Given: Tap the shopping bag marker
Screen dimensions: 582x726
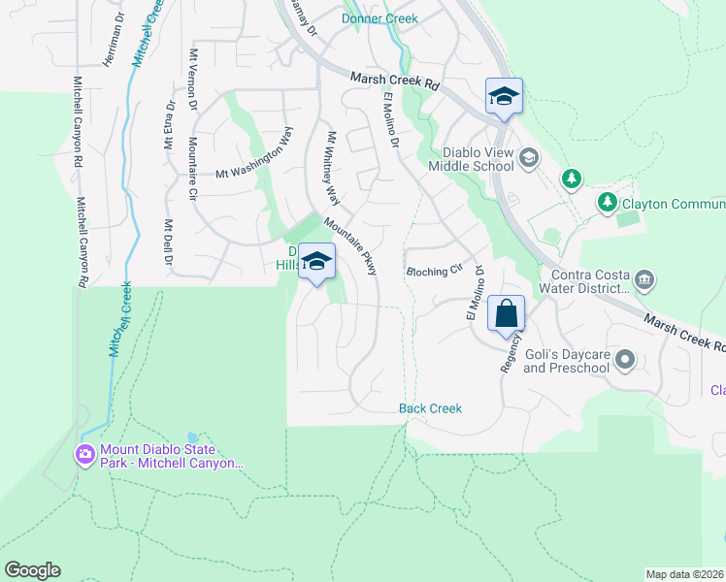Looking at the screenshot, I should coord(507,314).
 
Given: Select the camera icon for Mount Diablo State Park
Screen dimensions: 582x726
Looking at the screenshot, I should coord(85,454).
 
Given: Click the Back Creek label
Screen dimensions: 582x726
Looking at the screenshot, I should coord(430,408).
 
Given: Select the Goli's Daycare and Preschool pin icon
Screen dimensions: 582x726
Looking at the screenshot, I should coord(625,361).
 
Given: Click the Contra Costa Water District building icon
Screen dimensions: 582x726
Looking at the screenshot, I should coord(645,281).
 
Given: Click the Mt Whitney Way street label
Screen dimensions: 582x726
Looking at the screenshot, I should coord(333,169).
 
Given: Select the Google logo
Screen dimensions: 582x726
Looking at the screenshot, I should coord(32,570).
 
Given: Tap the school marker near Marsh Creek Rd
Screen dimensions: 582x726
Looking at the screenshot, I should coord(505,96).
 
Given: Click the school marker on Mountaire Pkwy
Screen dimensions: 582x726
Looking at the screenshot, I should coord(316,262).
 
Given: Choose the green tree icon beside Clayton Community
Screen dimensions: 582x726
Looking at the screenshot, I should coord(607,202).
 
